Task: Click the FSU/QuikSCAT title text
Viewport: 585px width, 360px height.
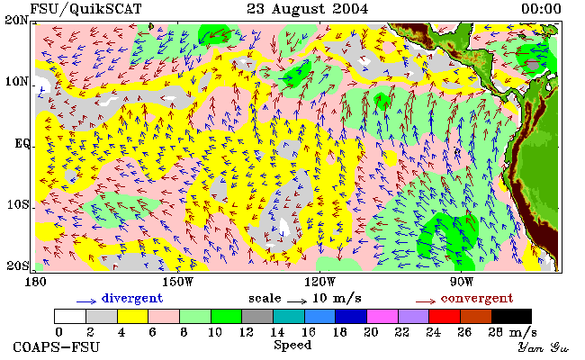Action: click(x=85, y=9)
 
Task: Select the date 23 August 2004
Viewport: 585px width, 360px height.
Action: click(x=308, y=9)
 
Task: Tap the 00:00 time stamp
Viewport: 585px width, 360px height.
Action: click(x=541, y=9)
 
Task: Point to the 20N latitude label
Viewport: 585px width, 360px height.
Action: click(x=17, y=20)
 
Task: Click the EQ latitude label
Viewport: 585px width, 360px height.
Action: click(x=22, y=143)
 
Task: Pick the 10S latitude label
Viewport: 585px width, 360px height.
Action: click(x=18, y=204)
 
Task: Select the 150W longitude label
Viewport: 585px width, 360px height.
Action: click(x=178, y=282)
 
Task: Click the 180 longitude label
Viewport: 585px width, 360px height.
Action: click(x=35, y=282)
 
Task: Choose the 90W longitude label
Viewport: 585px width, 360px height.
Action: click(x=462, y=282)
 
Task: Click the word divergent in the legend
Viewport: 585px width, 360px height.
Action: click(x=132, y=298)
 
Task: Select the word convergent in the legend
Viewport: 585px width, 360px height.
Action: click(x=477, y=298)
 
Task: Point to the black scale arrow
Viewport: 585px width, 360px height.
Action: click(x=297, y=301)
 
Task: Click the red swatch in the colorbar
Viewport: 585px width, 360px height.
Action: click(x=445, y=316)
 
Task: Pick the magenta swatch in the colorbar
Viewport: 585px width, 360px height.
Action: click(x=382, y=316)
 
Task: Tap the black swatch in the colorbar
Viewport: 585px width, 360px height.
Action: click(x=511, y=316)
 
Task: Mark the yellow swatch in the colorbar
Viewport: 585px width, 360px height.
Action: click(x=132, y=316)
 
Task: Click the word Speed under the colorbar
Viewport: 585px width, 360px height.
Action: click(x=292, y=345)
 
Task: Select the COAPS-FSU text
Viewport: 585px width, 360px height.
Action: click(x=57, y=346)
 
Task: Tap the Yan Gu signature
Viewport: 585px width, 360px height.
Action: click(x=544, y=347)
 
